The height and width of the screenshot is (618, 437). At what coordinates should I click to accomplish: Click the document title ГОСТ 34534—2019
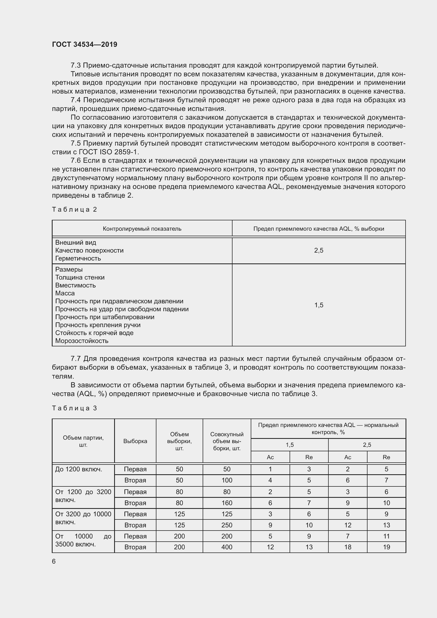[85, 44]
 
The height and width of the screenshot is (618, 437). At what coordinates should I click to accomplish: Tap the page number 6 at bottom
[54, 561]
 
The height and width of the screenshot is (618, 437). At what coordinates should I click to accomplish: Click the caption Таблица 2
[74, 210]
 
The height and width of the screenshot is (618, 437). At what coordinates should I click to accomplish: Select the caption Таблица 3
[74, 408]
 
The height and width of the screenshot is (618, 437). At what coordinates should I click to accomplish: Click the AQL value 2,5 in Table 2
[319, 250]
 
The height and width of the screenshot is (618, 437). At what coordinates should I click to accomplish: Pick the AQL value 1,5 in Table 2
[319, 305]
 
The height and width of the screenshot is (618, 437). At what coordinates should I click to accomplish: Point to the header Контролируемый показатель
[142, 229]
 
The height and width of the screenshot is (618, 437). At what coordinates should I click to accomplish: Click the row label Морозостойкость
[82, 341]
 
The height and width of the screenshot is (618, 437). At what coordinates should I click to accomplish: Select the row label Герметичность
[78, 258]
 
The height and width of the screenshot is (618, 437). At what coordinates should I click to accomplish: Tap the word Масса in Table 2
[65, 293]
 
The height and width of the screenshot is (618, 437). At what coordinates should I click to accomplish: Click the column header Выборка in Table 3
[135, 441]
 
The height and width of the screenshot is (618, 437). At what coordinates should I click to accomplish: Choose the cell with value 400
[227, 547]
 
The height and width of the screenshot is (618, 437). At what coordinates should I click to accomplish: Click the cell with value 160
[227, 503]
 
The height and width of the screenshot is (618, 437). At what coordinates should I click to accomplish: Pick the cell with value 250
[227, 525]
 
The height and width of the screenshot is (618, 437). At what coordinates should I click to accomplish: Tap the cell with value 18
[348, 547]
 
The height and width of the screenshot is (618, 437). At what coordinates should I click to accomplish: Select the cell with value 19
[387, 547]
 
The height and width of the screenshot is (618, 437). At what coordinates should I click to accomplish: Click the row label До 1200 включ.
[78, 469]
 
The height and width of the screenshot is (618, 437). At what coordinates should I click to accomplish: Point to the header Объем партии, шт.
[83, 441]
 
